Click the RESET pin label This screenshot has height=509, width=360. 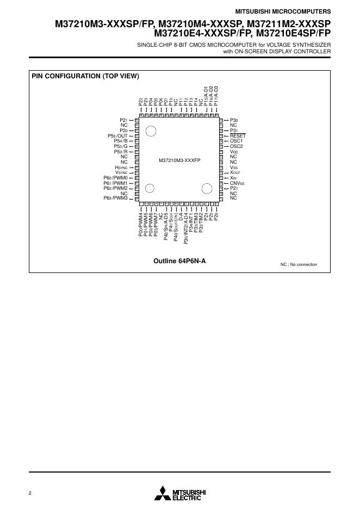[x=238, y=135]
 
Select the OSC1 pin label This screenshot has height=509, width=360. [x=236, y=141]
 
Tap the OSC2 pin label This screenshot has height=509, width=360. [x=236, y=146]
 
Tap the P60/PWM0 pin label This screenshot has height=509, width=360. [x=115, y=178]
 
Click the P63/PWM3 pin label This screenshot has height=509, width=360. [x=115, y=198]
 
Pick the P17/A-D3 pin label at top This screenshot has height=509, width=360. [x=216, y=96]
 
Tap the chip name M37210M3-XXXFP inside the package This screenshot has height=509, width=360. [x=179, y=161]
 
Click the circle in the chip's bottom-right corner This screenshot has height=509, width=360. [x=207, y=189]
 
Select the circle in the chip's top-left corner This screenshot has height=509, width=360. [x=151, y=131]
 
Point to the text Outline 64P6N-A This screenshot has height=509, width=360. [x=180, y=261]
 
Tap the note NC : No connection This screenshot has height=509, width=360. [x=299, y=264]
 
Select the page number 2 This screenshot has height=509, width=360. [x=30, y=493]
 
